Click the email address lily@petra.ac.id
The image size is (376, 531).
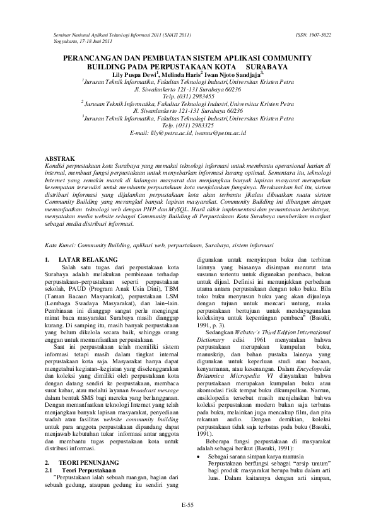(167, 132)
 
